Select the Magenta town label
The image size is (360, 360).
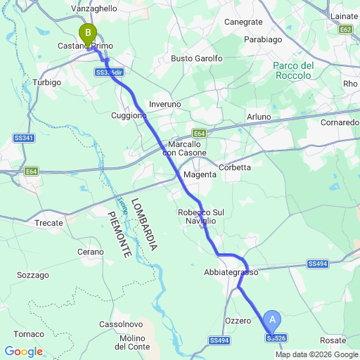point(199,174)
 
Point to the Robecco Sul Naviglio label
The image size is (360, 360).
point(200,216)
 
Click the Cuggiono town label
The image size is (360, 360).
point(129,115)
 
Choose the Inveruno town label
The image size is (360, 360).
point(165,104)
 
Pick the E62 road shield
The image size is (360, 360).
point(345,30)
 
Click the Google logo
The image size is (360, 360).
point(23,352)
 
